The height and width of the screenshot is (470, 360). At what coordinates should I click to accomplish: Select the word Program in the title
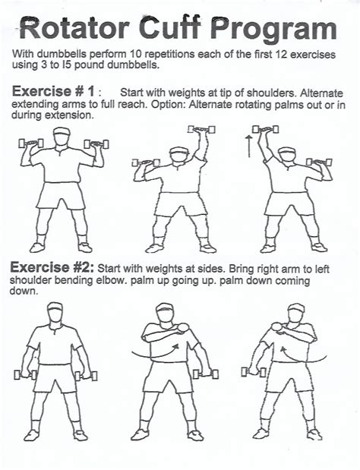(273, 30)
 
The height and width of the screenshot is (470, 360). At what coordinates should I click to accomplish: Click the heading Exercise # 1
(53, 91)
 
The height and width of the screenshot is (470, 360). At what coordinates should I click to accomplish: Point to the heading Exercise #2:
(52, 267)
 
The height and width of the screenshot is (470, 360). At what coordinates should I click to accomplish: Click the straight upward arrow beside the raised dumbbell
(248, 147)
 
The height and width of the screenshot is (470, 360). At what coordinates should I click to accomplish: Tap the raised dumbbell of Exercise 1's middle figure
(201, 130)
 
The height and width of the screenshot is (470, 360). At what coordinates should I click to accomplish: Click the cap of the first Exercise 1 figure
(62, 131)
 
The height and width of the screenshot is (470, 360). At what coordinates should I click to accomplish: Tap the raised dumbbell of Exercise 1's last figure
(265, 130)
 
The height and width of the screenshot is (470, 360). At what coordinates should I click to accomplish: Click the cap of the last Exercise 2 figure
(296, 308)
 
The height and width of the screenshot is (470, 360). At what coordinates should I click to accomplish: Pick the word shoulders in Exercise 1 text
(271, 93)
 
